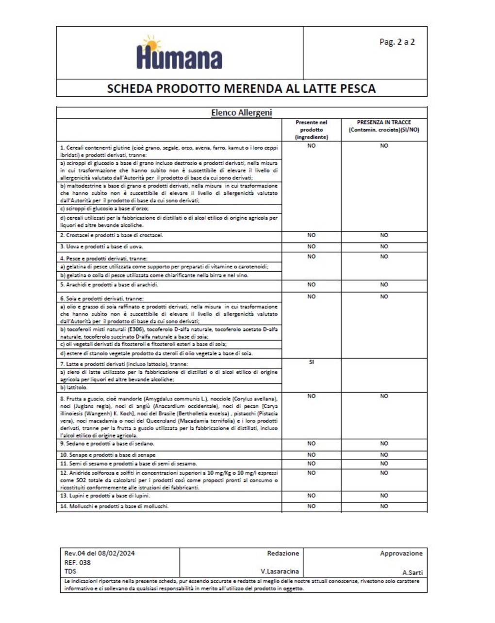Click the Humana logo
[x=180, y=53]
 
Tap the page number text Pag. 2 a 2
[x=396, y=42]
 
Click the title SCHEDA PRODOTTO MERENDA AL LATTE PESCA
[x=241, y=88]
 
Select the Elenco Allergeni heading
[x=241, y=113]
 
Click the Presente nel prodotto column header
[x=311, y=130]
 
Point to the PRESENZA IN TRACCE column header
[x=383, y=126]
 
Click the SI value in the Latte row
[x=312, y=362]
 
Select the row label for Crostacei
[x=112, y=236]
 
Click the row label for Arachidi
[x=109, y=285]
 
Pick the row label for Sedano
[x=107, y=444]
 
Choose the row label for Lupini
[x=105, y=496]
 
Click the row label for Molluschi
[x=114, y=506]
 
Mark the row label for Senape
[x=108, y=455]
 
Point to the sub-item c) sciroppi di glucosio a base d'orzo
[x=104, y=208]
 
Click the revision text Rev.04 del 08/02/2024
[x=99, y=553]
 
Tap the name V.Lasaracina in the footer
[x=280, y=571]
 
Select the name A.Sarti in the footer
[x=412, y=572]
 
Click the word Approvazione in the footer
[x=401, y=553]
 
